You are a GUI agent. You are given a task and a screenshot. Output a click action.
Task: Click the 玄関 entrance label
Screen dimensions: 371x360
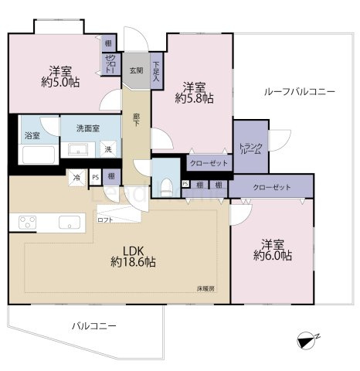click(135, 71)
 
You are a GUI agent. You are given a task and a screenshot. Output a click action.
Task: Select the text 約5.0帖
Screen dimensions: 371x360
click(56, 80)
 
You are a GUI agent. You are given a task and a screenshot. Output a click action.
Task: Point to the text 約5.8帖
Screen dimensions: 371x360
click(194, 98)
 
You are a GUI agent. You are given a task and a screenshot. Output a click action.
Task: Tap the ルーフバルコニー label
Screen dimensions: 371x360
click(299, 91)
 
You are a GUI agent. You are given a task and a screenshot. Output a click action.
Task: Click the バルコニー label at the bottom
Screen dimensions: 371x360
click(93, 326)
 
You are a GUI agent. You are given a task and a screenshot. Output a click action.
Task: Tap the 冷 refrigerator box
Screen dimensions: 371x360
click(78, 178)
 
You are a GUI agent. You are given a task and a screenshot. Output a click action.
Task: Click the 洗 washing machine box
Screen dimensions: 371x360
click(108, 149)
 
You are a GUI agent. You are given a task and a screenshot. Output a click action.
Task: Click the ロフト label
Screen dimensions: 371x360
click(105, 220)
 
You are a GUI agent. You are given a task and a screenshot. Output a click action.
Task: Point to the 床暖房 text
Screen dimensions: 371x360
click(205, 288)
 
